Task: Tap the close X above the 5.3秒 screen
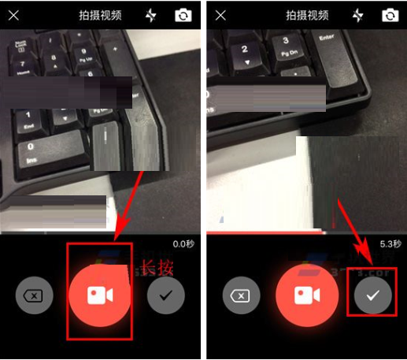point(221,15)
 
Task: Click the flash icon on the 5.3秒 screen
point(358,15)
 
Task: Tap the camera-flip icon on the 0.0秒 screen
point(183,15)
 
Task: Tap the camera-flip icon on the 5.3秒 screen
point(390,15)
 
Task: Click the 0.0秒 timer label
point(183,243)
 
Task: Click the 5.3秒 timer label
point(390,243)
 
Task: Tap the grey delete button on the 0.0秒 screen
point(34,295)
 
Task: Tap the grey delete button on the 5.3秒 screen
point(240,295)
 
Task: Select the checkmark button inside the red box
point(372,295)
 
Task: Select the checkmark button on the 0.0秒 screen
point(165,295)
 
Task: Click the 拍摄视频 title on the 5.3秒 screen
point(306,15)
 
